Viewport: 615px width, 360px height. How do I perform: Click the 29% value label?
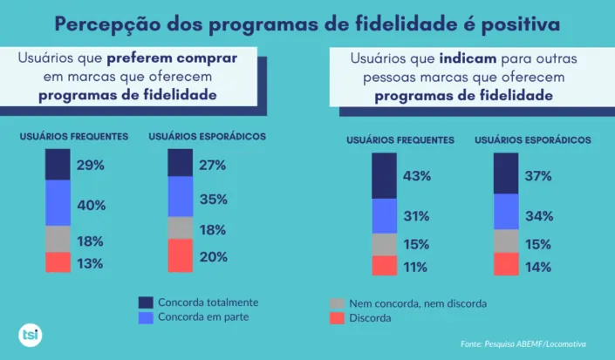[x=91, y=166]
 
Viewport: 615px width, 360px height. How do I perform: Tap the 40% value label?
[x=91, y=206]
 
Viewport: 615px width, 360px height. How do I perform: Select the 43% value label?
[x=416, y=176]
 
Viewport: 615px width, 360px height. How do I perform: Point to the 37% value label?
[x=538, y=176]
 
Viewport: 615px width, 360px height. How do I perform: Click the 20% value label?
[x=213, y=257]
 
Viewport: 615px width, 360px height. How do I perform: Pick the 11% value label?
[x=416, y=268]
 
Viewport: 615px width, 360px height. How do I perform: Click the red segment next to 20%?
[x=180, y=255]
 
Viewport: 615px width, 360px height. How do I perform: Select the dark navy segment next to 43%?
[x=384, y=176]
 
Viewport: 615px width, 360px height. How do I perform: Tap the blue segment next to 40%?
[x=58, y=202]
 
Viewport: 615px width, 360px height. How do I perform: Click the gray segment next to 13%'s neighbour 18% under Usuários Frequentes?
[x=58, y=239]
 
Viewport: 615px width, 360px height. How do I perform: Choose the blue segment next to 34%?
[x=506, y=212]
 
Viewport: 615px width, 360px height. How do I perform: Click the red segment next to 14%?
[x=506, y=264]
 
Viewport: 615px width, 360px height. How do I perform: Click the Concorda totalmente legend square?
[x=146, y=302]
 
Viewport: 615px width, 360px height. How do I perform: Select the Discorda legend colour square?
[x=336, y=318]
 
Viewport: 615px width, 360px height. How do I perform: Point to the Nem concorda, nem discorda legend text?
[x=417, y=303]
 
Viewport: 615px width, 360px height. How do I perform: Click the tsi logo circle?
[x=30, y=335]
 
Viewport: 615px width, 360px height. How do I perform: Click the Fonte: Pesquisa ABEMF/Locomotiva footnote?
[x=523, y=344]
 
